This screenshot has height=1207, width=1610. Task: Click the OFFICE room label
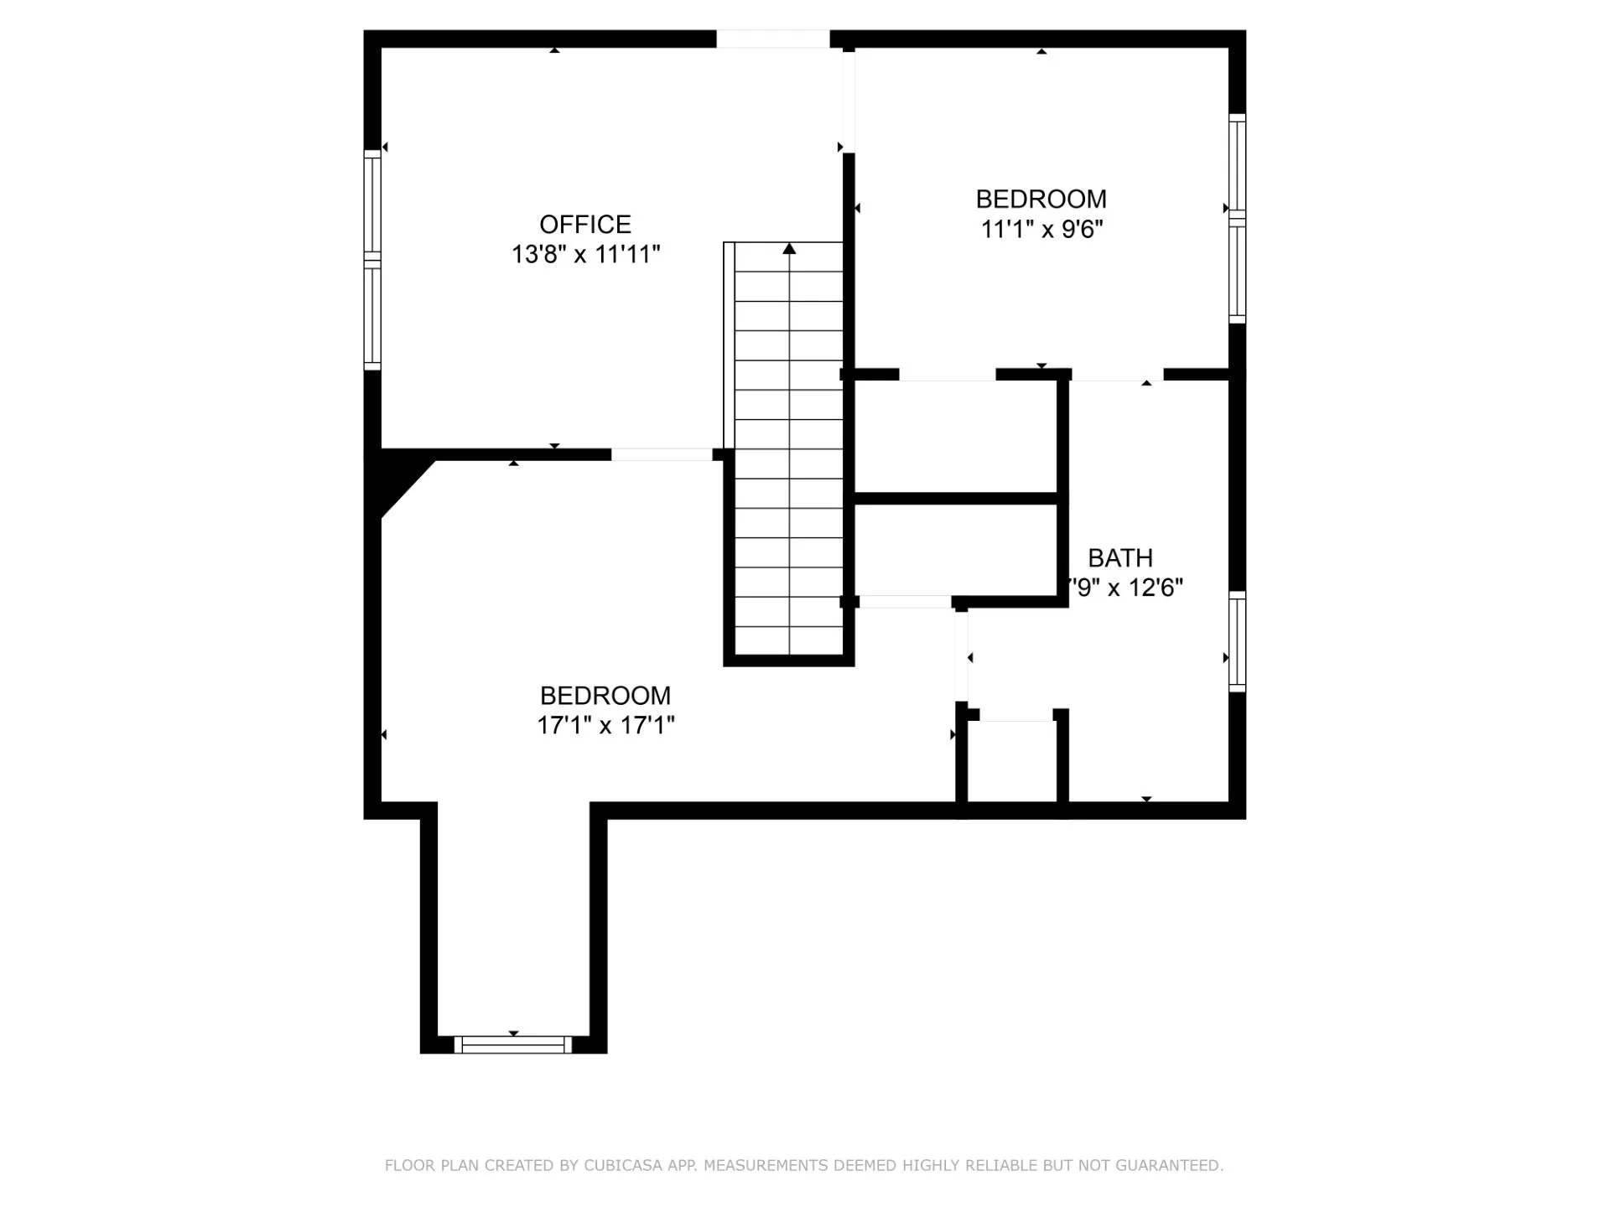tap(585, 225)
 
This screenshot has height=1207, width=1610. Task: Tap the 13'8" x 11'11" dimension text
tap(586, 254)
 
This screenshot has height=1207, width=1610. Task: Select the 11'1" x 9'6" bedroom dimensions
tap(1041, 229)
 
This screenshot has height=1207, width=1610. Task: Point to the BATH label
tap(1120, 557)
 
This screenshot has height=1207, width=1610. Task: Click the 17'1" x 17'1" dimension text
tap(605, 725)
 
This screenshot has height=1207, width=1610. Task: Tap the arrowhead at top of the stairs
tap(789, 249)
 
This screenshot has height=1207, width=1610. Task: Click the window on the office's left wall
tap(372, 260)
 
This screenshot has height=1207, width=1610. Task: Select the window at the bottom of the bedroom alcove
tap(513, 1044)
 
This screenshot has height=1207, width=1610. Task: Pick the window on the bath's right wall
tap(1237, 641)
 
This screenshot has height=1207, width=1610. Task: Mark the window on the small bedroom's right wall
tap(1237, 218)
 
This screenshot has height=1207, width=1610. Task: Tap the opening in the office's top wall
tap(772, 39)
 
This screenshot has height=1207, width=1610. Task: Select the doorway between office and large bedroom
tap(662, 454)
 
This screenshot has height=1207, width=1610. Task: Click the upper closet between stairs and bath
tap(955, 437)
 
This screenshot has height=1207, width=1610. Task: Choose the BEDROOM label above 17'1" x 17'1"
tap(605, 696)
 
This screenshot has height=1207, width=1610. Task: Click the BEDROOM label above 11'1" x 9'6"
tap(1041, 199)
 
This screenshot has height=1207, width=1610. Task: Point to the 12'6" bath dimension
tap(1156, 587)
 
